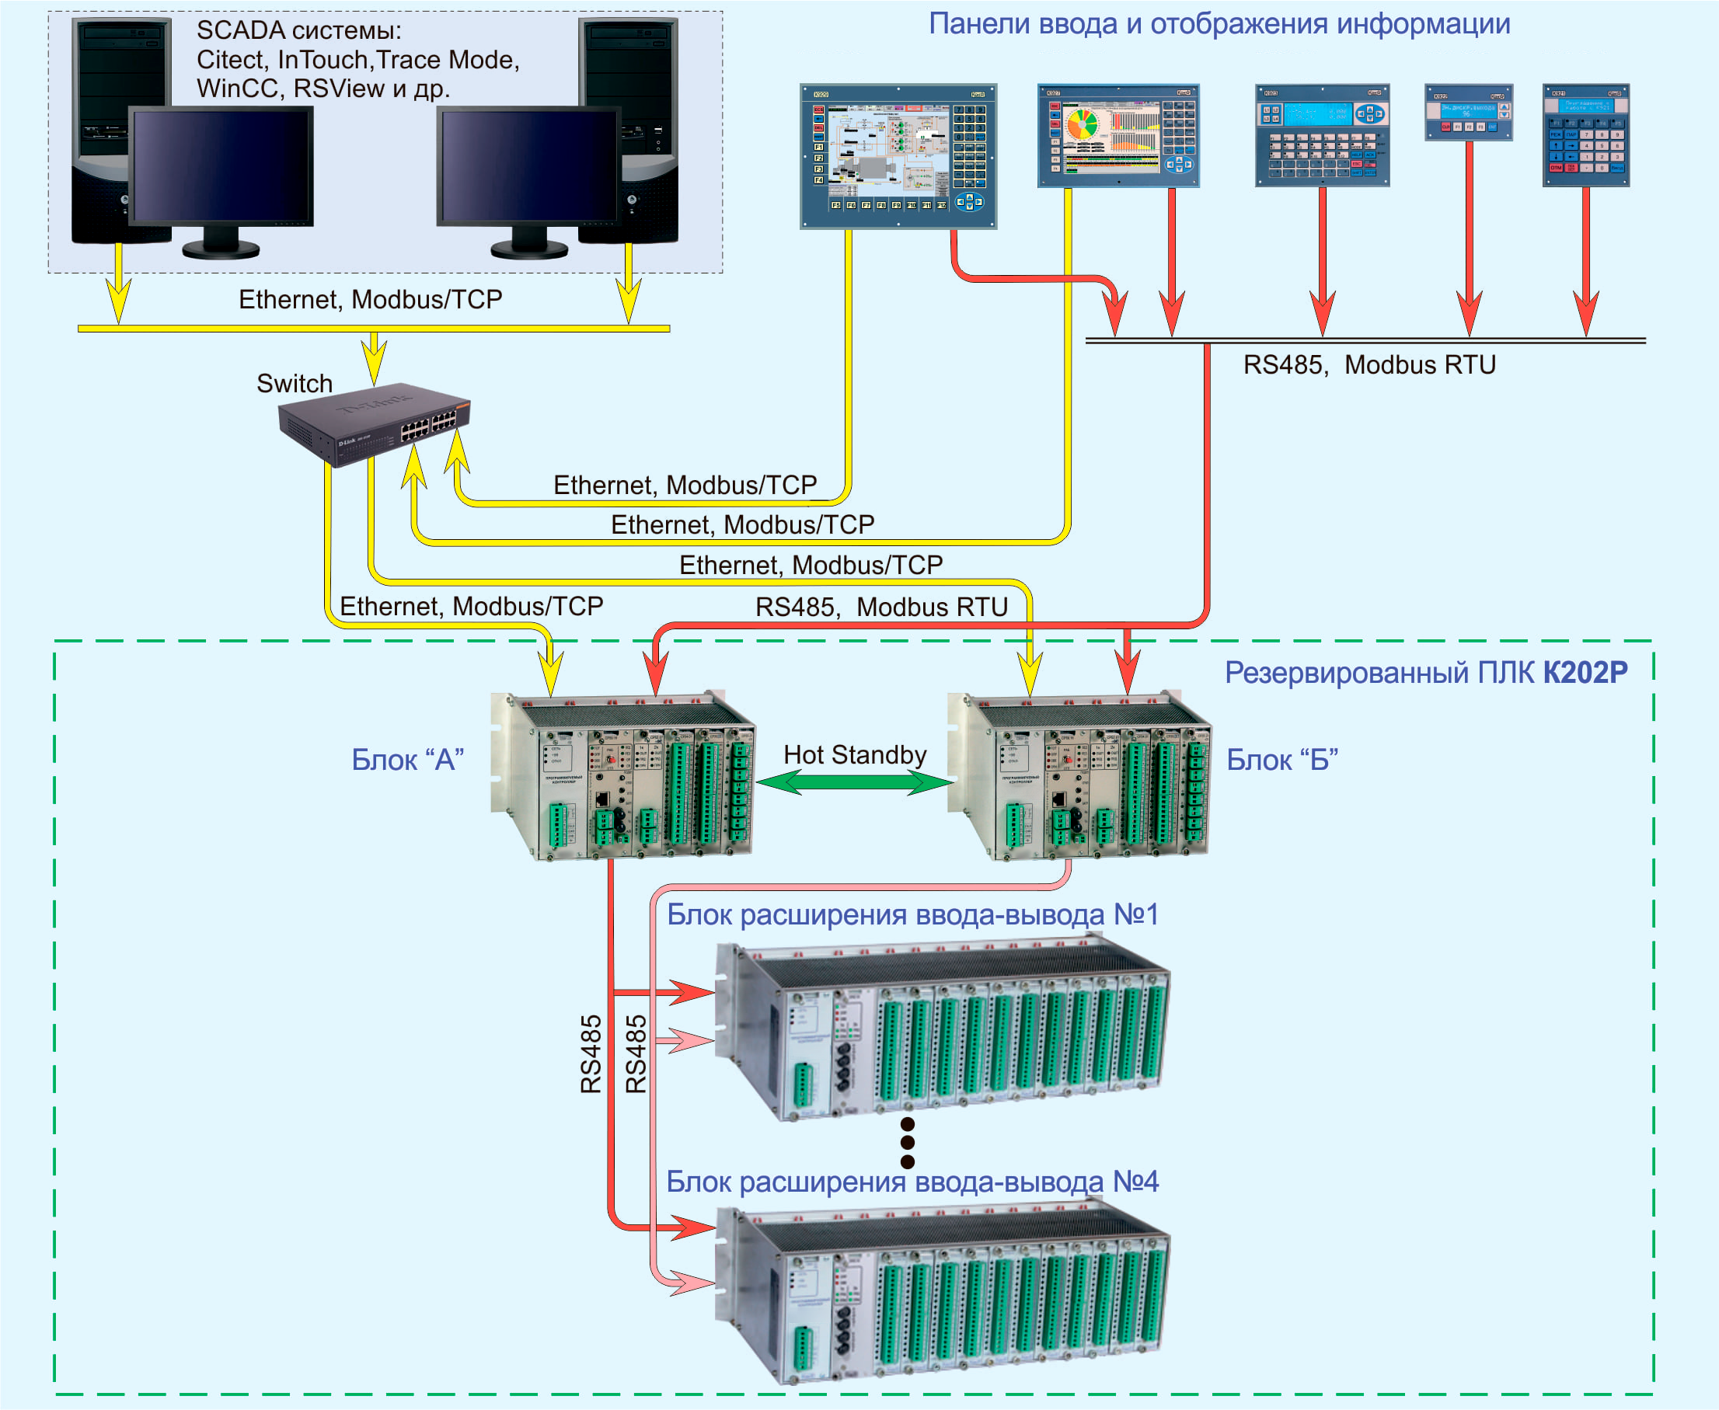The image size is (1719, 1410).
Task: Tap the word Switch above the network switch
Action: [294, 383]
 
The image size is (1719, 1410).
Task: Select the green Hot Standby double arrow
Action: [855, 782]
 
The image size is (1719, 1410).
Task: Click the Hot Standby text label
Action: [855, 754]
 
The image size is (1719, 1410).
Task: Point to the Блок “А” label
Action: [407, 761]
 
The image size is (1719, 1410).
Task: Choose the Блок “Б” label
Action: [1282, 761]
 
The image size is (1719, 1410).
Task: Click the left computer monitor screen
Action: [221, 165]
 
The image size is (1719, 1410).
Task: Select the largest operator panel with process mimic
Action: [898, 156]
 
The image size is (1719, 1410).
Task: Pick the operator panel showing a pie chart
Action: [1118, 136]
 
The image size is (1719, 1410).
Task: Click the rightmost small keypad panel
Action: [1585, 136]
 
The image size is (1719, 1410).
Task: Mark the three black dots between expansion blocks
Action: [908, 1143]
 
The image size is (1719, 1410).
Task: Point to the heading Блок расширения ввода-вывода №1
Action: [912, 914]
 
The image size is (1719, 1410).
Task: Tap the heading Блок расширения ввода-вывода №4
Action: [912, 1182]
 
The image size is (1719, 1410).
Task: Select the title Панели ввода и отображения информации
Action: [1219, 24]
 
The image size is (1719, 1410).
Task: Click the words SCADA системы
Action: [298, 31]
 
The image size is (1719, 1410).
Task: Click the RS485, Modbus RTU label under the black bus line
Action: [1369, 364]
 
